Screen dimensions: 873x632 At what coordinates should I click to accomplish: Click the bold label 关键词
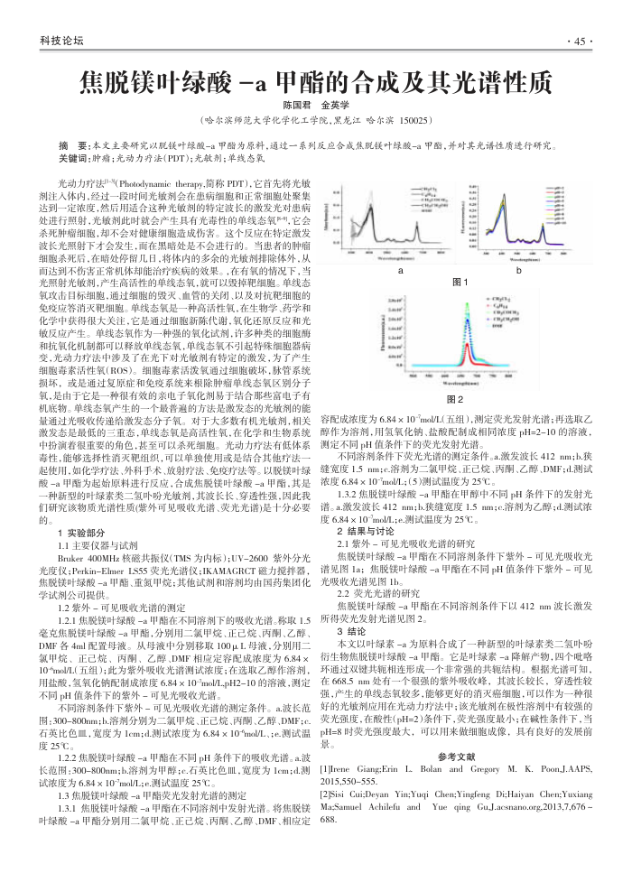point(73,157)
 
